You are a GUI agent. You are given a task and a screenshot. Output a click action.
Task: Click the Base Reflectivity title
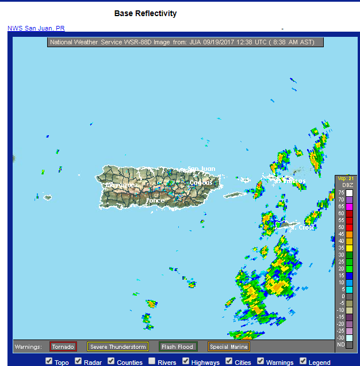[x=145, y=13]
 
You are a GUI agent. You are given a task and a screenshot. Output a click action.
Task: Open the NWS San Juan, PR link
[x=36, y=28]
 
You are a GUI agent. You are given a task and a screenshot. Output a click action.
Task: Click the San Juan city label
[x=202, y=169]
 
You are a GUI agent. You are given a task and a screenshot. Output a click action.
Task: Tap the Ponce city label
[x=155, y=200]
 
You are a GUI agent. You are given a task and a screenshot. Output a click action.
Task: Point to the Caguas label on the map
[x=201, y=182]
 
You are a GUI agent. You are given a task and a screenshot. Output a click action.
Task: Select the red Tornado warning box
[x=63, y=346]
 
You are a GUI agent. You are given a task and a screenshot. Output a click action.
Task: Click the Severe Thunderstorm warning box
[x=118, y=346]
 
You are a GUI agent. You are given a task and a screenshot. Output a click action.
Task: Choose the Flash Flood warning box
[x=178, y=346]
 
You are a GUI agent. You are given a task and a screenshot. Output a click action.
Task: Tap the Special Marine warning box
[x=228, y=346]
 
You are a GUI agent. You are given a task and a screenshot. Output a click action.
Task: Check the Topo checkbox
[x=49, y=361]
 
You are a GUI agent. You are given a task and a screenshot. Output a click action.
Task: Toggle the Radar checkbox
[x=79, y=361]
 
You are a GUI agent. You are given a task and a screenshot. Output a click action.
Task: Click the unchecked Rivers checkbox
[x=152, y=361]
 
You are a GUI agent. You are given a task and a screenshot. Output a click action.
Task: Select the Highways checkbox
[x=186, y=361]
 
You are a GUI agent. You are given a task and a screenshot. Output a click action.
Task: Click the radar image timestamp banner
[x=185, y=42]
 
